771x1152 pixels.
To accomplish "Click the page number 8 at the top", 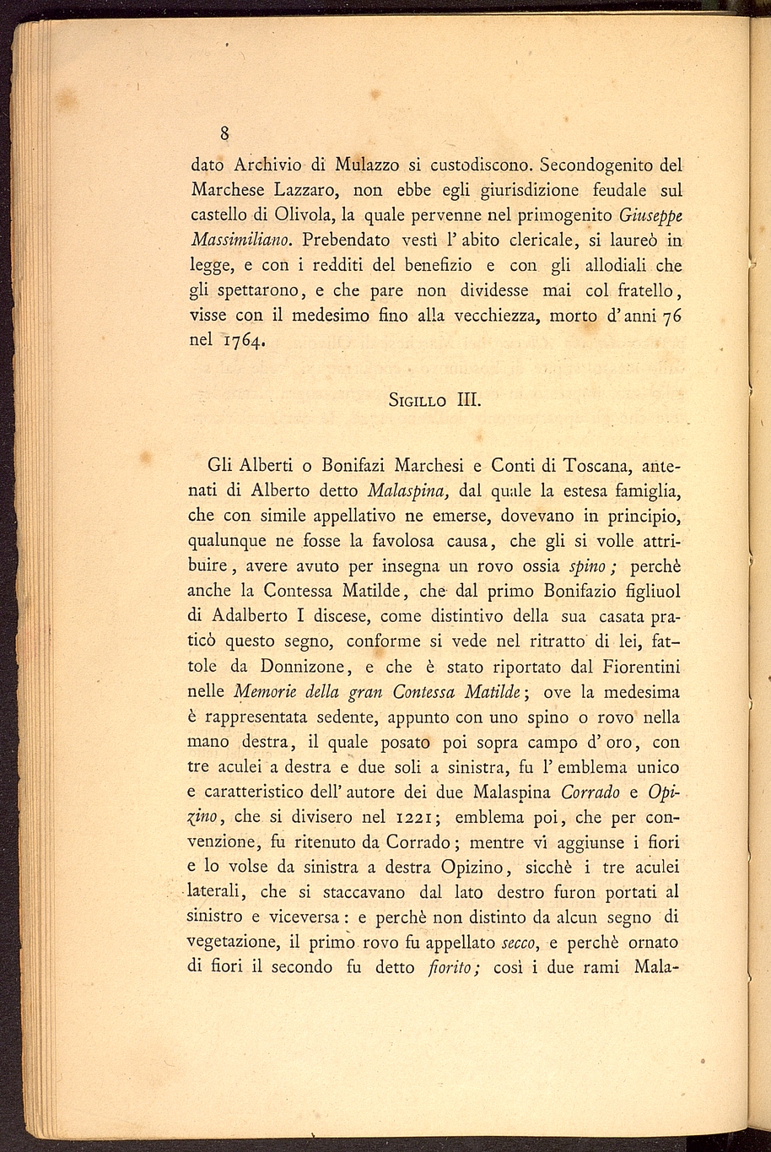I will [x=225, y=133].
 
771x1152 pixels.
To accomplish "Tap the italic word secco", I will [x=520, y=943].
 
